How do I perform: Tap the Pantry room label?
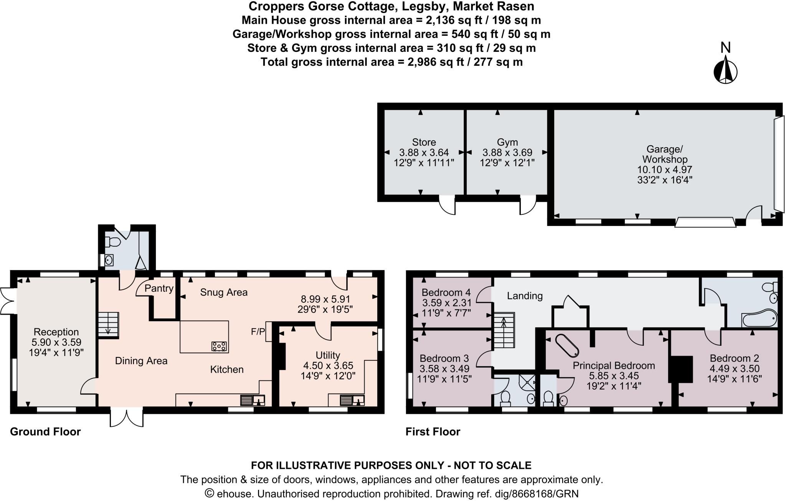(159, 288)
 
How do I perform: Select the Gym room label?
(507, 142)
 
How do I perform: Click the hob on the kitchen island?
(219, 346)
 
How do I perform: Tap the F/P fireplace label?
(258, 332)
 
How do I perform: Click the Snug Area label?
(224, 292)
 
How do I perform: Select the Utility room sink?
(352, 400)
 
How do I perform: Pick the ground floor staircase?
(109, 325)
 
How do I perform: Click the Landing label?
(525, 296)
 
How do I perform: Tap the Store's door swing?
(447, 205)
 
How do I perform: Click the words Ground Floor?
(45, 432)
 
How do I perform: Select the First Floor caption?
(433, 432)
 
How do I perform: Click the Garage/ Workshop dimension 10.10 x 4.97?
(665, 169)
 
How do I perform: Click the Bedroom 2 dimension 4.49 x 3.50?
(734, 368)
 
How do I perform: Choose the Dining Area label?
(141, 361)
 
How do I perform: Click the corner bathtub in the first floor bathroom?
(760, 318)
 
